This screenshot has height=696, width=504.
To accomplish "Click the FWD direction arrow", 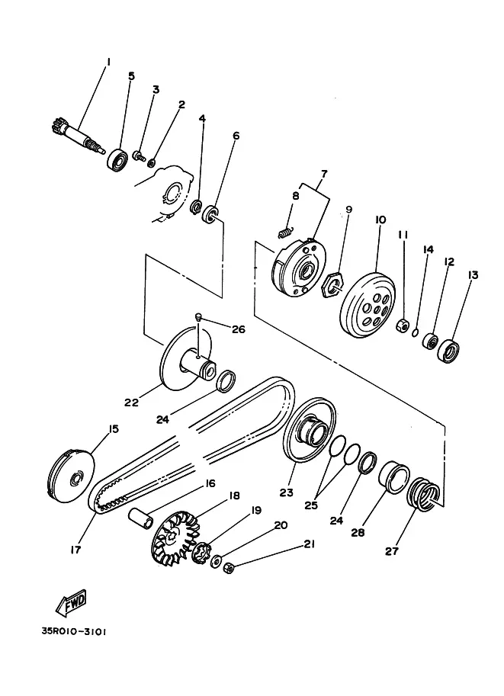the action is pyautogui.click(x=71, y=603).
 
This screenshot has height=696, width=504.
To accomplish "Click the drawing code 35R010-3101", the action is pyautogui.click(x=74, y=631).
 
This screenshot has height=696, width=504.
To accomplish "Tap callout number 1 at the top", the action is pyautogui.click(x=108, y=61).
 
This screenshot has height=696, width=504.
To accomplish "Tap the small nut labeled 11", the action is pyautogui.click(x=403, y=326).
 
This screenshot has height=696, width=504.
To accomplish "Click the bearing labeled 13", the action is pyautogui.click(x=448, y=350).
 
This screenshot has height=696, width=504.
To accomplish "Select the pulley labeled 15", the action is pyautogui.click(x=71, y=476).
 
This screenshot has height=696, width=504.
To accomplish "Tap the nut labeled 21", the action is pyautogui.click(x=230, y=567).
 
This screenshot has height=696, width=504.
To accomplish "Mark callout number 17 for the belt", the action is pyautogui.click(x=76, y=550).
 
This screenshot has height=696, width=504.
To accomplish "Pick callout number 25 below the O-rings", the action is pyautogui.click(x=311, y=505).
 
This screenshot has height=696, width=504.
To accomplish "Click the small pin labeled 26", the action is pyautogui.click(x=198, y=316).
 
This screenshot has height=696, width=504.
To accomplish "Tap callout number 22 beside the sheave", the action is pyautogui.click(x=131, y=403).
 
